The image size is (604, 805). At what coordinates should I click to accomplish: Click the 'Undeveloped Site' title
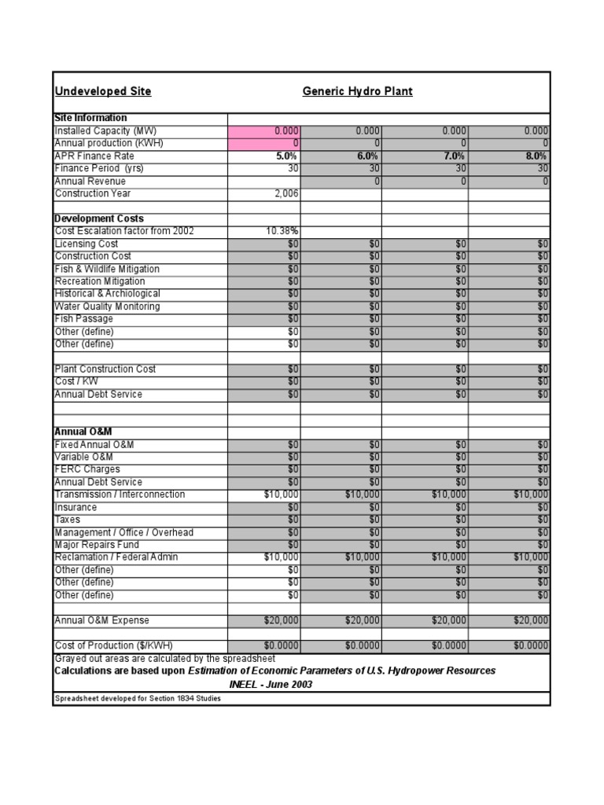tap(102, 91)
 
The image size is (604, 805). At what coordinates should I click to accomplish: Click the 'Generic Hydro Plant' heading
tap(357, 91)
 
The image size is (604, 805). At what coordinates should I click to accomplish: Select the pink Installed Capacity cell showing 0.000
tap(264, 130)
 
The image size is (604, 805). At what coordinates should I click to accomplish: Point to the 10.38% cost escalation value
tap(282, 231)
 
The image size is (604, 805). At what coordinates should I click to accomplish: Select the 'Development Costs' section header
tap(98, 219)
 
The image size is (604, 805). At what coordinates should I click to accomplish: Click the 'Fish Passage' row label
tap(83, 319)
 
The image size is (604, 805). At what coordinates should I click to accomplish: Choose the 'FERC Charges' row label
tap(87, 469)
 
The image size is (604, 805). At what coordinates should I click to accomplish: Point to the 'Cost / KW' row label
tap(76, 381)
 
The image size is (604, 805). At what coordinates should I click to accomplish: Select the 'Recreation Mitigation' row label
tap(100, 281)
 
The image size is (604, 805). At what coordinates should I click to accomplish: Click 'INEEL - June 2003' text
tap(271, 684)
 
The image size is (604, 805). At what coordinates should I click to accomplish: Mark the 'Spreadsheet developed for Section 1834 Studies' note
tap(137, 699)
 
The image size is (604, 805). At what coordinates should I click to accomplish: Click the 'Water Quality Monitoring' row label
tap(107, 307)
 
